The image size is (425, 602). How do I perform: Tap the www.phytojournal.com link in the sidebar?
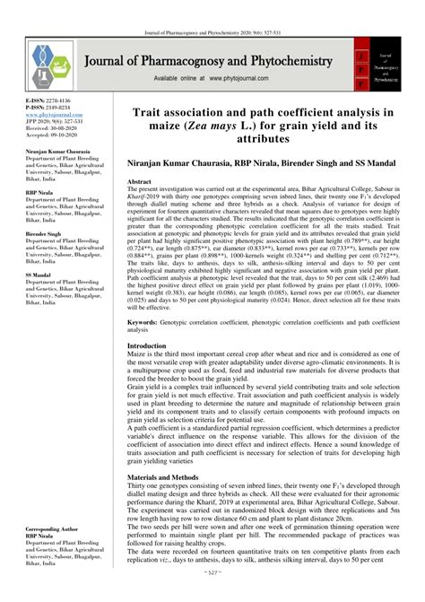click(45, 116)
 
